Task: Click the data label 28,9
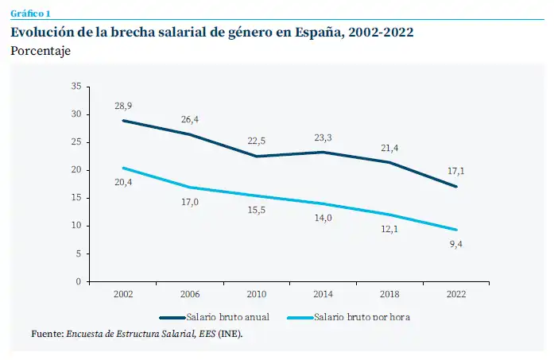123,106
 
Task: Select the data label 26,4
190,120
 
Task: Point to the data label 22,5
257,141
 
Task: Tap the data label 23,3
323,137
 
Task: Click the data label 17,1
456,170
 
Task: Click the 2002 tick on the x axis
123,294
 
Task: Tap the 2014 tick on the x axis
323,294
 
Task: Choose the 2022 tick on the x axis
456,294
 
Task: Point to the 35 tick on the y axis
76,86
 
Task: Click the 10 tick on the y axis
76,226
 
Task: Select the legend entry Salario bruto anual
228,316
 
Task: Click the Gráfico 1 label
29,14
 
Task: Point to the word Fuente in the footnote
46,334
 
